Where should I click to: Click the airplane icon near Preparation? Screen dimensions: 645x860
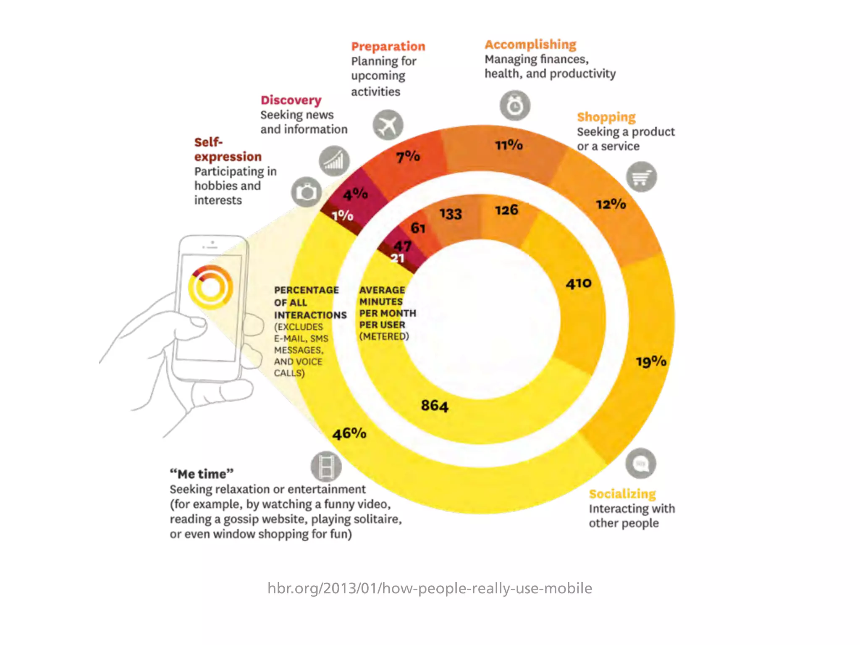pos(388,125)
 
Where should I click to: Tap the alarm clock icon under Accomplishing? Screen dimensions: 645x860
pos(515,105)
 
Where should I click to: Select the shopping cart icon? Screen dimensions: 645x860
pos(641,177)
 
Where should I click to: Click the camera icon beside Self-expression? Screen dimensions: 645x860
pos(307,192)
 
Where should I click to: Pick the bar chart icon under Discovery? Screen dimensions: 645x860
pos(334,161)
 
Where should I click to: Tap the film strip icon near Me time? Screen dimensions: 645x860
pos(326,466)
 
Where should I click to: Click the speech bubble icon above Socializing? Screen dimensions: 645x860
pos(640,464)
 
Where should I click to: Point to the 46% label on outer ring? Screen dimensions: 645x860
pos(349,433)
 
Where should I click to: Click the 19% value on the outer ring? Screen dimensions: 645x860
pos(651,362)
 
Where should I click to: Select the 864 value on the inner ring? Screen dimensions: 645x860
pos(435,406)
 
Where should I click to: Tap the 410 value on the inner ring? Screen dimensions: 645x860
pos(579,284)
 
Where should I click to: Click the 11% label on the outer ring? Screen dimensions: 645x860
pos(509,145)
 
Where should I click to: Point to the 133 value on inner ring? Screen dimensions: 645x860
pos(451,214)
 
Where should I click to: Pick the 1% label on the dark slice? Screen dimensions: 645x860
pos(342,215)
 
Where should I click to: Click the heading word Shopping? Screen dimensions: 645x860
pos(606,117)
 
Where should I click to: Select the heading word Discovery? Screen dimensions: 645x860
pos(291,100)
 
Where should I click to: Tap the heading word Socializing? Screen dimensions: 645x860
pos(622,494)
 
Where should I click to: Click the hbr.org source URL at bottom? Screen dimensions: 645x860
pos(430,588)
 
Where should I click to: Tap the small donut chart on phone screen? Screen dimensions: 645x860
pos(210,288)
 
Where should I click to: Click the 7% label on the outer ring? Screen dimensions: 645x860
pos(408,157)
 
